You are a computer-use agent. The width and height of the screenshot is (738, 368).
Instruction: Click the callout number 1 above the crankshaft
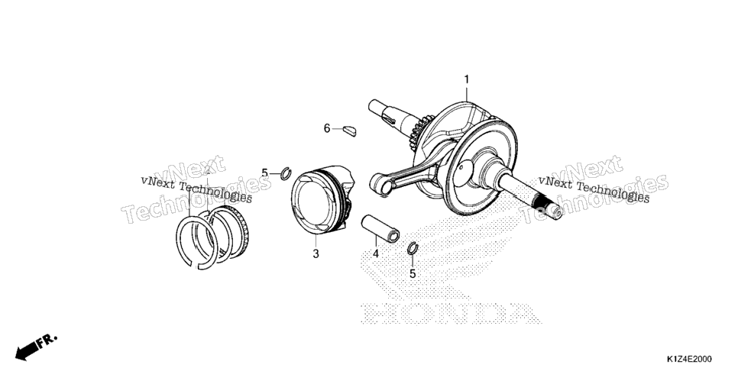coord(467,79)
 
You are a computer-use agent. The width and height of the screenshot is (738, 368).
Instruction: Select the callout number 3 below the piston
coord(316,253)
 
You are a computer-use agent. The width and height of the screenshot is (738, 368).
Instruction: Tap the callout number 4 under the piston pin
coord(376,253)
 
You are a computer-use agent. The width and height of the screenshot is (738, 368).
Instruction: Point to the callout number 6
coord(327,128)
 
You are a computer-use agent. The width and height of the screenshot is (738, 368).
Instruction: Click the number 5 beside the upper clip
coord(264,173)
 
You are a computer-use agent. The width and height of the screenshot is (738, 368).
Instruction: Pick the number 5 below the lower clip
coord(413,273)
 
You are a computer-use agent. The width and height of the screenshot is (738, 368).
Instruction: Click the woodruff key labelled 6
coord(349,130)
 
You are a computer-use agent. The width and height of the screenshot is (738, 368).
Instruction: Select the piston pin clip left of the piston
coord(286,173)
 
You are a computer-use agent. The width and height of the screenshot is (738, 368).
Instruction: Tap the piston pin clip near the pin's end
coord(413,248)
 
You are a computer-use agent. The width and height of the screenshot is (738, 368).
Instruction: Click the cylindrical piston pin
coord(380,229)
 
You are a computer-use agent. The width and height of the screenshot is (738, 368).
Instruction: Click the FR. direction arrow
coord(35,346)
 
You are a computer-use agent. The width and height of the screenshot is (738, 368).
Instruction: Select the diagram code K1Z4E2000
coord(688,359)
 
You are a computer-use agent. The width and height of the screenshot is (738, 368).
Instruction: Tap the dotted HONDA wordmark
coord(451,314)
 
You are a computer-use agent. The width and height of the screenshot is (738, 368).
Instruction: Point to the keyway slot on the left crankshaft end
coord(390,118)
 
